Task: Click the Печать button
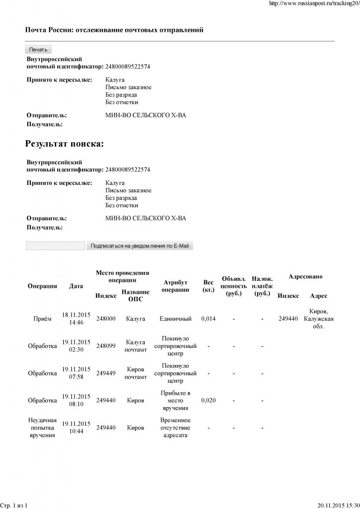tap(38, 49)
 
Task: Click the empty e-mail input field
tap(55, 246)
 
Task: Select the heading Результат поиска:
tap(64, 144)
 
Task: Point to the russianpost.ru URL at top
tap(313, 3)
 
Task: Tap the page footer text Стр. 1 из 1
tap(13, 506)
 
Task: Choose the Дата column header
tap(76, 286)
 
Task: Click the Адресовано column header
tap(305, 276)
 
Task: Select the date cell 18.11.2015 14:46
tap(76, 319)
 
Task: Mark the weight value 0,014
tap(208, 319)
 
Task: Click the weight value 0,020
tap(208, 400)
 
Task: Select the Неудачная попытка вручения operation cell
tap(42, 427)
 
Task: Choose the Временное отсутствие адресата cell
tap(176, 427)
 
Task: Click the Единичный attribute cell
tap(176, 319)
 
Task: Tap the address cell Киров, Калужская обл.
tap(318, 319)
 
